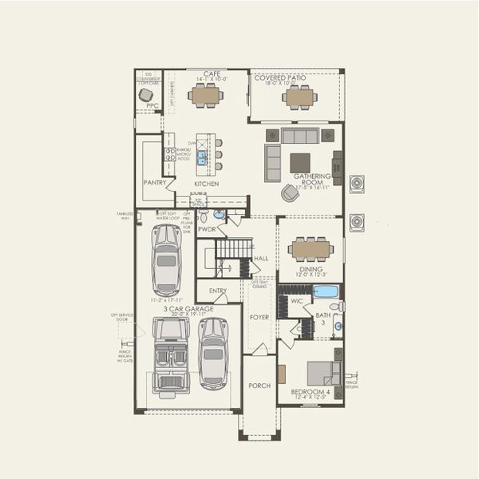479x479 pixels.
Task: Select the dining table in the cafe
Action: point(206,96)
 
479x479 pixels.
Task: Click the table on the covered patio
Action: point(298,97)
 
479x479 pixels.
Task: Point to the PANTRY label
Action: point(155,182)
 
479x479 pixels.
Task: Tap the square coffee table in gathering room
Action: point(301,162)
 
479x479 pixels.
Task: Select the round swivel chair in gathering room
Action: point(288,192)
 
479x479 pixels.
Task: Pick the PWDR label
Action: point(208,228)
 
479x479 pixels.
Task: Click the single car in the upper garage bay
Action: point(167,259)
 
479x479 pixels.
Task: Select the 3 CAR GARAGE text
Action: point(188,308)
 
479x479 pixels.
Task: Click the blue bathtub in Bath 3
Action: point(326,291)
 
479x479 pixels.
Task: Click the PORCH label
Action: point(259,385)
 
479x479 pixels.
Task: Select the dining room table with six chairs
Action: point(311,250)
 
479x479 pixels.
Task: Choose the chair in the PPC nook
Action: point(145,94)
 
